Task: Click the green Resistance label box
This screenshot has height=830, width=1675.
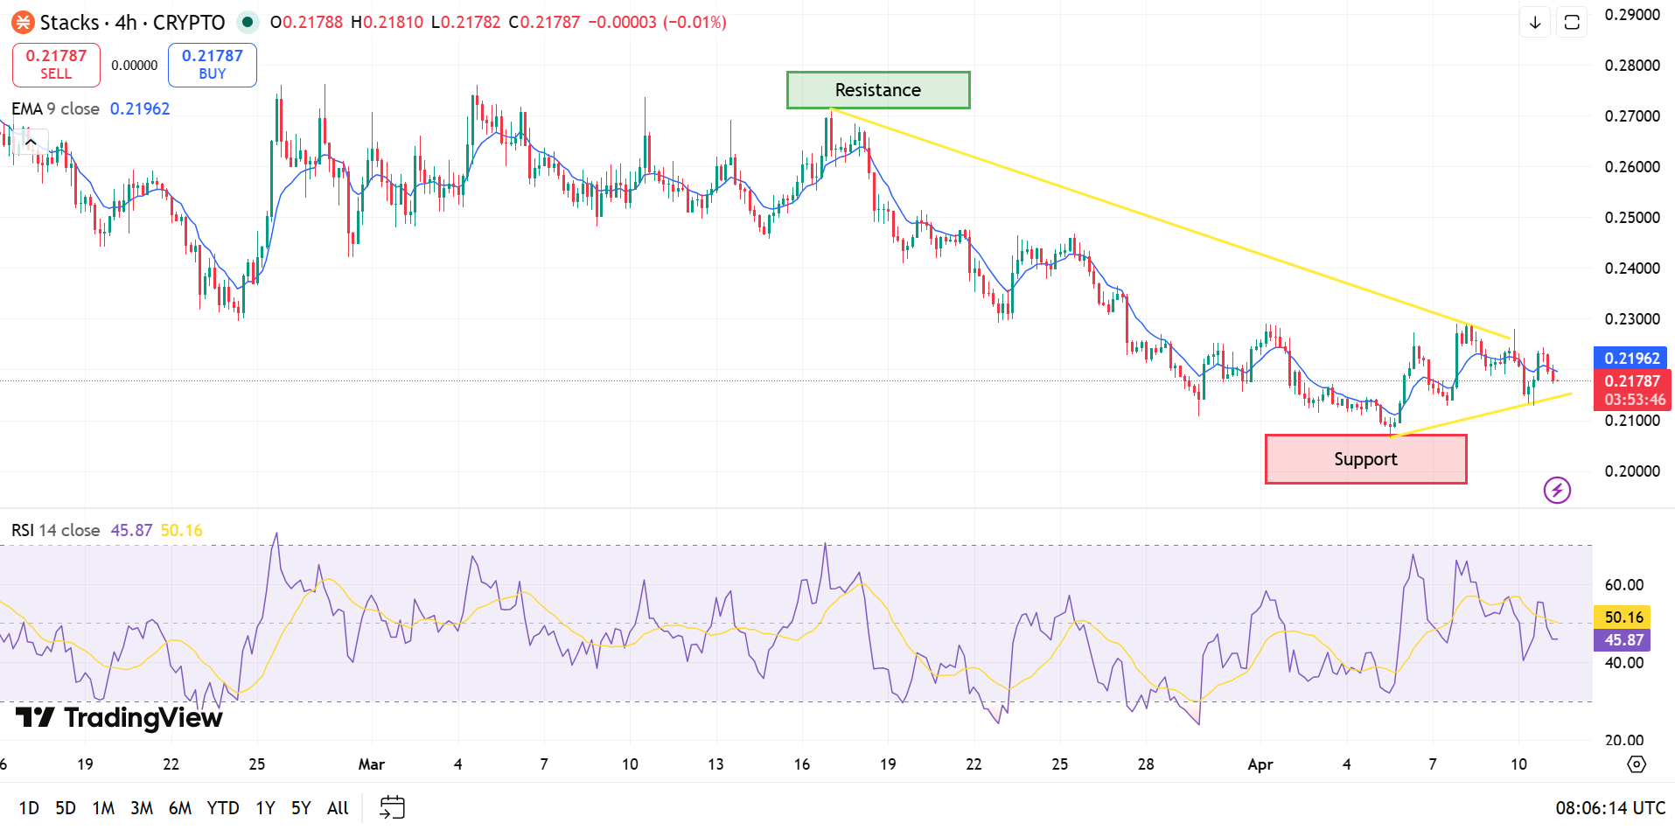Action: (x=877, y=90)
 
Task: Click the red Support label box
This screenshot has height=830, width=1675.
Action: (x=1365, y=459)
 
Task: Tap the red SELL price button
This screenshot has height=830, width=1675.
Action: (x=56, y=65)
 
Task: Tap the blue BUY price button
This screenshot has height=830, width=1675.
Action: (x=212, y=65)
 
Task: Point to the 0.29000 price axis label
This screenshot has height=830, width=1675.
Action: (x=1631, y=15)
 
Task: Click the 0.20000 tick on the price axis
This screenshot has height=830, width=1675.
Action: (x=1631, y=471)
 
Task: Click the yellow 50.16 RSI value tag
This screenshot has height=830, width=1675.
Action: (x=1623, y=617)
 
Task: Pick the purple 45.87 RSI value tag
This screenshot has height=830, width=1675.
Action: (x=1623, y=640)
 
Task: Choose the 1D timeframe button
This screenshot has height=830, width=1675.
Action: (x=29, y=808)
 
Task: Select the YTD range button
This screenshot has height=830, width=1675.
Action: (x=223, y=808)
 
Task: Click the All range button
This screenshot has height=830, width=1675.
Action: (x=338, y=808)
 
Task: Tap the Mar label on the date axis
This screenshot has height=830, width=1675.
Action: (x=372, y=764)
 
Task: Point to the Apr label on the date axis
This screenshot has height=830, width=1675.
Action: (x=1260, y=764)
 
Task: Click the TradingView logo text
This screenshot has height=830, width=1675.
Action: (x=121, y=718)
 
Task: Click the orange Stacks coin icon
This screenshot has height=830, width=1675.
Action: (x=23, y=23)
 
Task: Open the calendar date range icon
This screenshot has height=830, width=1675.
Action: (x=393, y=807)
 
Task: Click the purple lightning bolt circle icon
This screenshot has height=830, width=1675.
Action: (x=1557, y=490)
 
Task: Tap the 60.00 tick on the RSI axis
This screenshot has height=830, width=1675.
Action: (x=1623, y=585)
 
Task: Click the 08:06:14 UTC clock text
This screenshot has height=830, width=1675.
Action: (x=1609, y=808)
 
